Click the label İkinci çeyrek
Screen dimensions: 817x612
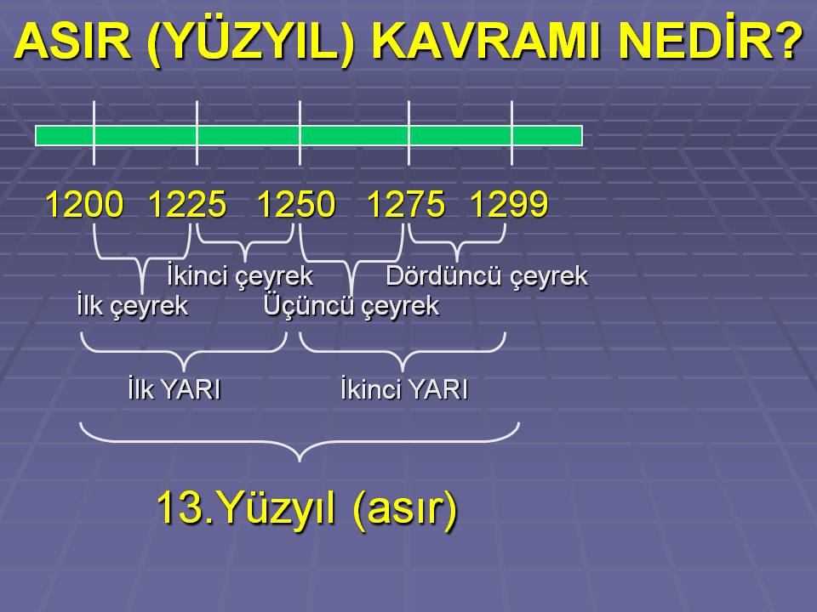tap(240, 276)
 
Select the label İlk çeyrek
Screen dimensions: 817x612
tap(133, 305)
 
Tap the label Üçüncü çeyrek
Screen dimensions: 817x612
tap(351, 305)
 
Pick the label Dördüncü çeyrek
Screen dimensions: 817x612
tap(487, 276)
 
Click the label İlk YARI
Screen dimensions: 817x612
tap(174, 389)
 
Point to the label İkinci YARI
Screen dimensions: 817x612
tap(404, 389)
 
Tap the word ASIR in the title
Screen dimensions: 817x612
tap(72, 41)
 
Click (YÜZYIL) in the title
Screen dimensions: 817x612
tap(251, 42)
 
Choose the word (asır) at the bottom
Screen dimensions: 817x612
tap(405, 510)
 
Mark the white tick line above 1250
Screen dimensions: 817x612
tap(300, 133)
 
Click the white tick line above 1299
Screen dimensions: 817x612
tap(512, 133)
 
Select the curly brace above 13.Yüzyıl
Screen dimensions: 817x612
tap(300, 442)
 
